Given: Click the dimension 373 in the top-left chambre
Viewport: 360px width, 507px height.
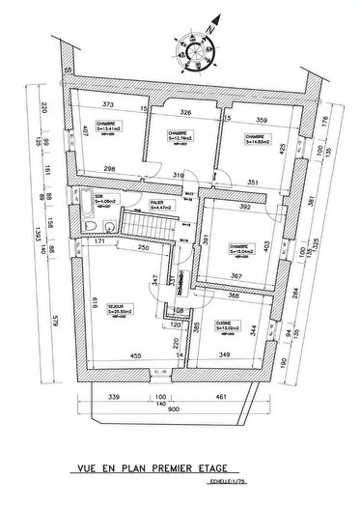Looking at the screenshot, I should point(108,104).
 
